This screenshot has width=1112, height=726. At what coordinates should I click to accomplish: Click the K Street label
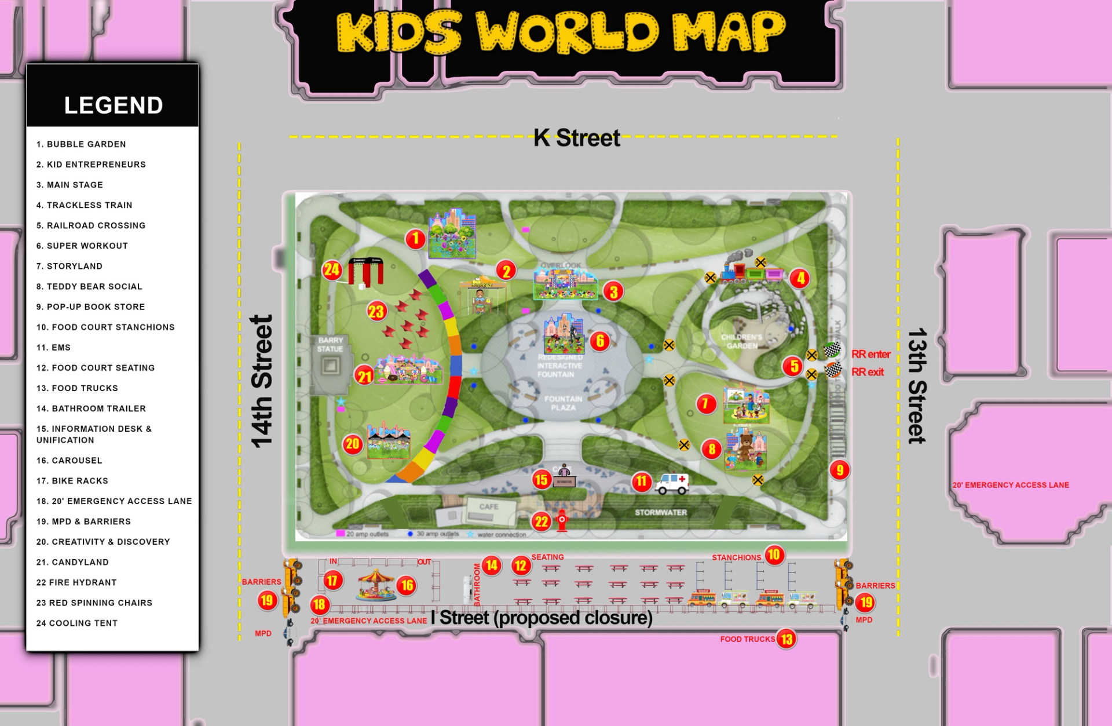tap(576, 138)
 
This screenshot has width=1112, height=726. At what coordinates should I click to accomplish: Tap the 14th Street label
tap(261, 381)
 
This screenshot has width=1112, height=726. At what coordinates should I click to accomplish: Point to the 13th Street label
tap(917, 386)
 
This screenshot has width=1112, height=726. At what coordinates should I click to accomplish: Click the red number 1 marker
tap(415, 239)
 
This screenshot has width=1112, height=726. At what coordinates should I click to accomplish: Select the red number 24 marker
tap(332, 269)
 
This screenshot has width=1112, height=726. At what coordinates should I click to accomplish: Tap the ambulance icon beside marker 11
tap(672, 483)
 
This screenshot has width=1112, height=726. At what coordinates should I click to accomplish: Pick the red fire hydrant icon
tap(562, 520)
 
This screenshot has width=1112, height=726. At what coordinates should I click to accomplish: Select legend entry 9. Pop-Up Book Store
tap(90, 307)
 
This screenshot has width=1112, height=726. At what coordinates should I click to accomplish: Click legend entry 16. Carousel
tap(69, 461)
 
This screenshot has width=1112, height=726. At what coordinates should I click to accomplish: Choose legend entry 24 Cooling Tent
tap(77, 623)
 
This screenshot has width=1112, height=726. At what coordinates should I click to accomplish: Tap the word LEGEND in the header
tap(114, 105)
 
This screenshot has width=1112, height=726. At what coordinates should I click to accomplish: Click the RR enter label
tap(870, 354)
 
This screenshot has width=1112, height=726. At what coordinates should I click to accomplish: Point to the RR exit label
tap(867, 372)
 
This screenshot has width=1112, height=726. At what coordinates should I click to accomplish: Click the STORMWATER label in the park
tap(660, 513)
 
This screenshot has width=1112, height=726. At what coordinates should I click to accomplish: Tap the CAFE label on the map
tap(488, 506)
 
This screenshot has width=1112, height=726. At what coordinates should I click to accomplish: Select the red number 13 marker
tap(786, 639)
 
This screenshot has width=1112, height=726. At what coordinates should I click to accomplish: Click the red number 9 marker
tap(839, 470)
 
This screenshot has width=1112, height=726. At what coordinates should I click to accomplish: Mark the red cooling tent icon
tap(365, 271)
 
